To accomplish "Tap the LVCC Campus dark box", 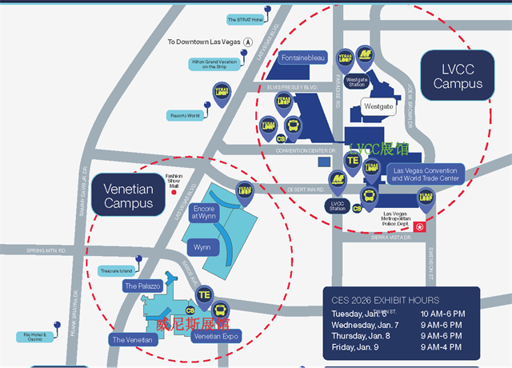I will [x=458, y=76].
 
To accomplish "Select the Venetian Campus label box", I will [x=128, y=196].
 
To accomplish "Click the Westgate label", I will [x=378, y=106].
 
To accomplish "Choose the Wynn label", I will [x=202, y=247].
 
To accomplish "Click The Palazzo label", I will [x=142, y=286].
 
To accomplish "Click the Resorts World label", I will [x=184, y=115].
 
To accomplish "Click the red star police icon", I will [x=425, y=227].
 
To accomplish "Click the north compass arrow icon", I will [x=248, y=42].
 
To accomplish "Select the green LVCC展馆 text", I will [x=378, y=149].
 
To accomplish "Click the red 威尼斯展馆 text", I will [x=192, y=324].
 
